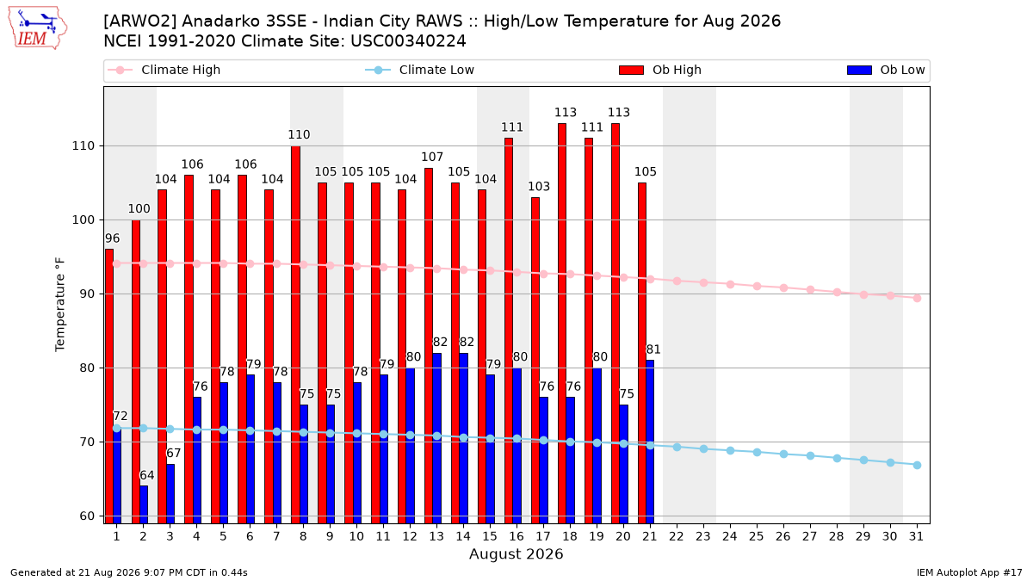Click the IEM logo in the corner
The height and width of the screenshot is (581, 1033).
(38, 28)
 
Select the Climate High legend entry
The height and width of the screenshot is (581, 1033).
(164, 70)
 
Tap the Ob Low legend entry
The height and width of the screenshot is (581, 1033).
(886, 70)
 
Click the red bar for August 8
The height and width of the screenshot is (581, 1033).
(295, 335)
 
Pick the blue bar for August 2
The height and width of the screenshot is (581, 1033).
(144, 504)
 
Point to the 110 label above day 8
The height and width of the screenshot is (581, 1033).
(299, 134)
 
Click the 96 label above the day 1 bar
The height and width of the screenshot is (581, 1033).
(112, 238)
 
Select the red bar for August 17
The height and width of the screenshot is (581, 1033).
(535, 361)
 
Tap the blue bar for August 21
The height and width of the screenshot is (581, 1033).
(650, 442)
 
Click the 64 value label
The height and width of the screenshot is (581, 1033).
(146, 475)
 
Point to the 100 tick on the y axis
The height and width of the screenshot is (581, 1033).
(83, 220)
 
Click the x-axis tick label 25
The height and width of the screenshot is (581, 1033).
(757, 537)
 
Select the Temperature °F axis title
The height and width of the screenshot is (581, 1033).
(60, 306)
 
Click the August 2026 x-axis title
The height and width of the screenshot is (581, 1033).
(516, 553)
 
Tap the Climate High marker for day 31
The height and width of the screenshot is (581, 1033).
(917, 299)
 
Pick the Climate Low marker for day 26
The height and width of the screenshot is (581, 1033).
(783, 454)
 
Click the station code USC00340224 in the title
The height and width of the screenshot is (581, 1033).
(408, 41)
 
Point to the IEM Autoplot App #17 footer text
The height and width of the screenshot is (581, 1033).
(969, 572)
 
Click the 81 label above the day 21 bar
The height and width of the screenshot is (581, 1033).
(653, 349)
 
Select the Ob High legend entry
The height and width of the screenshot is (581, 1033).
(660, 70)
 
